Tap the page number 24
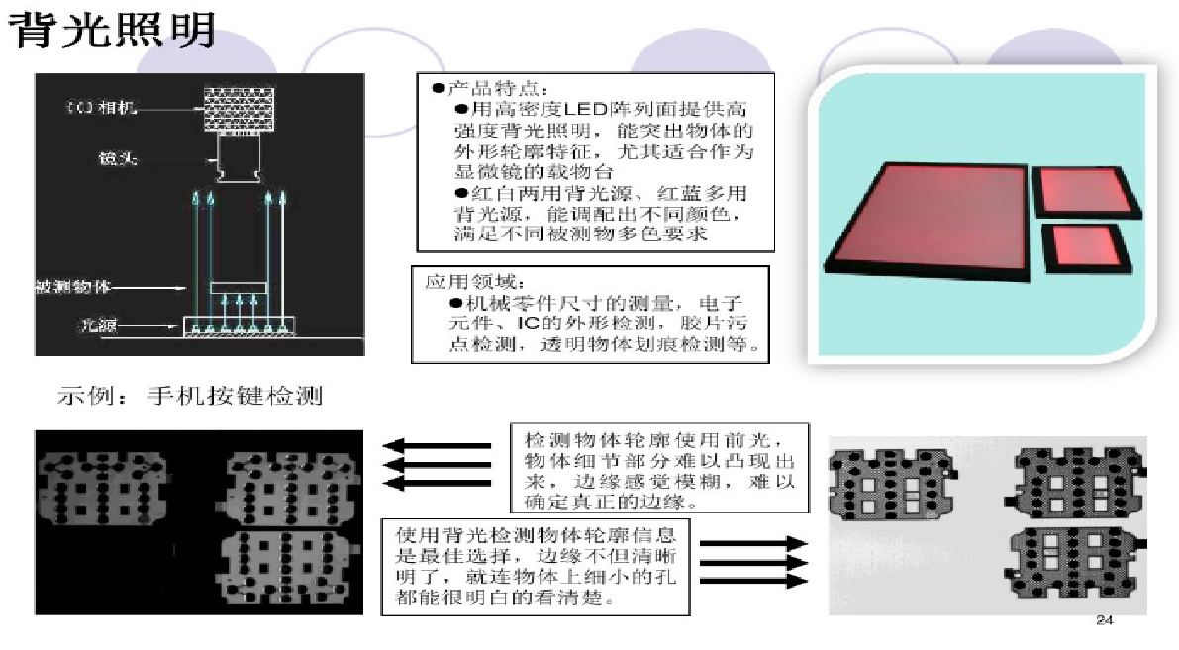1106,621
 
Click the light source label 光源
99,324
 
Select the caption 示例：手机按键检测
188,398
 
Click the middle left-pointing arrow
437,463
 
